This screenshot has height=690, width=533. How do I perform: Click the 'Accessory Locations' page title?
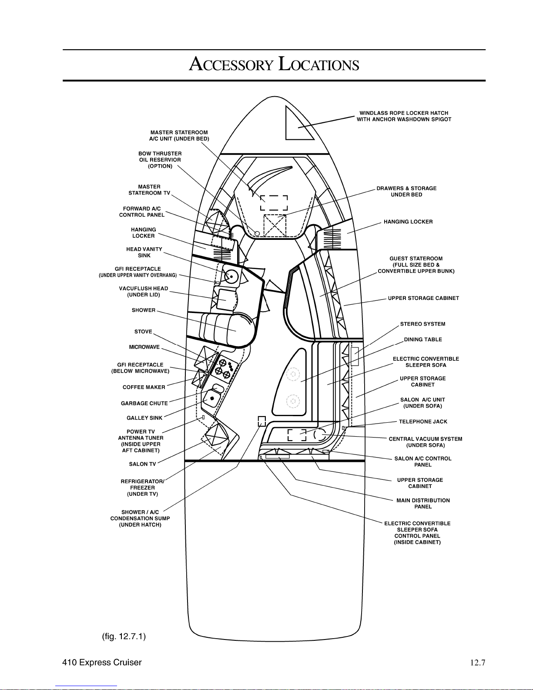point(274,64)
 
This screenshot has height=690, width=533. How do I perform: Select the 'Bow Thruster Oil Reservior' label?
point(160,160)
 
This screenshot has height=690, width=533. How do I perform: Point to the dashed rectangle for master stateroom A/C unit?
point(274,202)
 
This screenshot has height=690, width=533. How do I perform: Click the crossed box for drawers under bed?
point(275,226)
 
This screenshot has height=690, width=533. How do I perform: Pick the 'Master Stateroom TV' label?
point(149,190)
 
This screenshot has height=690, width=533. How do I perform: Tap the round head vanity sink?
point(231,276)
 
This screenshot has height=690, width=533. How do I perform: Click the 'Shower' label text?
point(144,310)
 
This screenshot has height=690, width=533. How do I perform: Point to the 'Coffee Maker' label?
point(144,387)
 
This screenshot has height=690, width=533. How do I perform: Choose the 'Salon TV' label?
point(142,464)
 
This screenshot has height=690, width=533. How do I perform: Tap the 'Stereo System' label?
point(422,324)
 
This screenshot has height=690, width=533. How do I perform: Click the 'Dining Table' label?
point(423,340)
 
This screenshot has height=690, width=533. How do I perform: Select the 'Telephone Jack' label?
point(423,422)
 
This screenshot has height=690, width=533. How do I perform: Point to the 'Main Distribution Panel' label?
point(423,504)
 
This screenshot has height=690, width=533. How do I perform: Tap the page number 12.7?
point(477,663)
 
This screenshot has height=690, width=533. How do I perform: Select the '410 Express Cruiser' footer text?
point(102,663)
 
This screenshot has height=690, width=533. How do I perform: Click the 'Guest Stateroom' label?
point(416,265)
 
